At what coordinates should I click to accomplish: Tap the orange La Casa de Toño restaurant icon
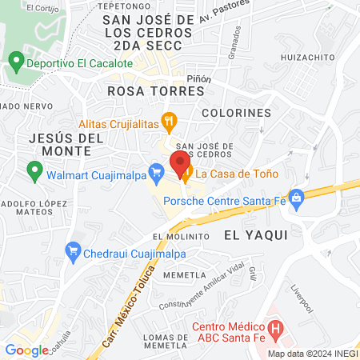tap(186, 173)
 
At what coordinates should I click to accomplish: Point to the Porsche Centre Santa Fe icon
tap(296, 196)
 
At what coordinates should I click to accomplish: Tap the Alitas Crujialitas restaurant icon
tap(168, 123)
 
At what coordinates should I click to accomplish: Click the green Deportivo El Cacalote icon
tap(14, 62)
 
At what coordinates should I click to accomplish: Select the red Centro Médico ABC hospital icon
tap(276, 328)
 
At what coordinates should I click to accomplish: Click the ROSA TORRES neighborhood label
tap(156, 91)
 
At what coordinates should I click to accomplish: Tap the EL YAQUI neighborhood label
tap(255, 235)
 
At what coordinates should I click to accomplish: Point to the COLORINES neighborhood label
tap(237, 113)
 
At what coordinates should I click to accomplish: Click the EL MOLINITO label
tap(181, 237)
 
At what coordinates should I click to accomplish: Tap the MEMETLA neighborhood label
tap(179, 274)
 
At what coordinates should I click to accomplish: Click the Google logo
tap(26, 350)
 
